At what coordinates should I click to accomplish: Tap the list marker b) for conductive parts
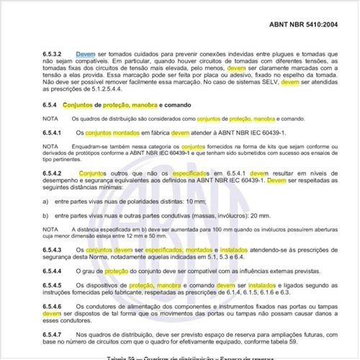pyautogui.click(x=45, y=215)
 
